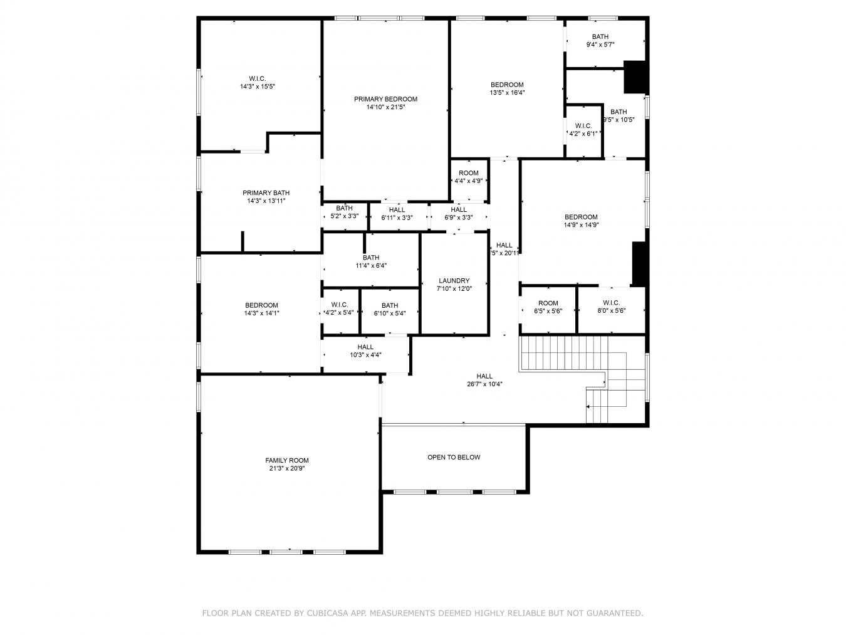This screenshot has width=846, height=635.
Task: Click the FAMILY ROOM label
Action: pos(287,460)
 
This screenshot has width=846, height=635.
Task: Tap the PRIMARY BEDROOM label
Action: pos(385,99)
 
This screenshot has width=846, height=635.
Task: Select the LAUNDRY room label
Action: pos(454,281)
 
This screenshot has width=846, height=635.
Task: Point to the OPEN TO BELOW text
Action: pos(454,457)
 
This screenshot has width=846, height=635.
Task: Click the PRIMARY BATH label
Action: pos(266,193)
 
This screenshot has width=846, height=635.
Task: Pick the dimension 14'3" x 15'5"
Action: pos(258,87)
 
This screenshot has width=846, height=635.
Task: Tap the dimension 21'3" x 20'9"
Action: pos(287,468)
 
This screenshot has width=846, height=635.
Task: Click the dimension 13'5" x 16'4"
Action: pos(507,93)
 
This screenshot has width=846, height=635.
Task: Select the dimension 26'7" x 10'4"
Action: pos(484,384)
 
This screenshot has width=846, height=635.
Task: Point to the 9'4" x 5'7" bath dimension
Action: pos(600,45)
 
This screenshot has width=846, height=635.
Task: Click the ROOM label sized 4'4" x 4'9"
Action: pos(469,173)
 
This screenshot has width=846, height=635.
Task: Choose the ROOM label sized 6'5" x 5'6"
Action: pos(548,303)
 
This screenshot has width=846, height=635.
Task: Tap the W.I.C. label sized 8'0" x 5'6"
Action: pos(611,303)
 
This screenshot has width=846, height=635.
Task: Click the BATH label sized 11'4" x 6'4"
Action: pos(371,258)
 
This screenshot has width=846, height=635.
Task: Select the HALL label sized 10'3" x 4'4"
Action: pos(365,347)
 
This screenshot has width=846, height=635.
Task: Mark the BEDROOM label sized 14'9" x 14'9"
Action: pos(581,217)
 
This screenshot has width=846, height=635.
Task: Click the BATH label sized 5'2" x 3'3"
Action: pos(344,208)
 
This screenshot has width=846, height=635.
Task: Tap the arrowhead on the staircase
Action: pos(588,406)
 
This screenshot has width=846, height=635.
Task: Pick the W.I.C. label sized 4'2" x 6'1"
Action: pos(583,126)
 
